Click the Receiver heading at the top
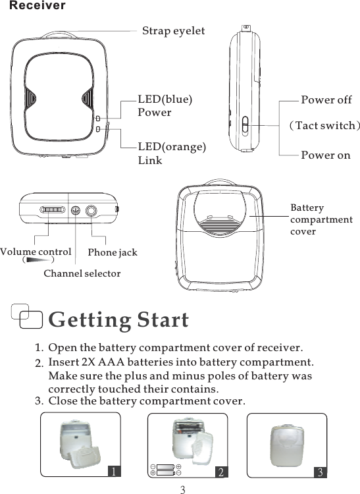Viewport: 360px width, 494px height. [38, 6]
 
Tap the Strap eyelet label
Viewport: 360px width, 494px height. [174, 31]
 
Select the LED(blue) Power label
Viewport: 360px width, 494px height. [165, 105]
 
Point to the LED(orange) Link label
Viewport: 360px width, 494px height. [171, 153]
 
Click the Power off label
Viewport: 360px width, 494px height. [326, 100]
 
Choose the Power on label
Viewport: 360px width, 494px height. [325, 155]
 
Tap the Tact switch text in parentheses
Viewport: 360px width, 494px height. [325, 125]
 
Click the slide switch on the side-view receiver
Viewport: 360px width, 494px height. [244, 124]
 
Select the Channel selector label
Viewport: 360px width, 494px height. [82, 273]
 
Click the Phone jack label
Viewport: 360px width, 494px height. [113, 252]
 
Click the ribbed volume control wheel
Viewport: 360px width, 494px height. [52, 210]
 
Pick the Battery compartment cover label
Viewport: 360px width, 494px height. [321, 219]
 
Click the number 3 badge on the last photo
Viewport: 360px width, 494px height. [319, 471]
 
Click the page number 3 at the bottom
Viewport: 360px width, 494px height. [183, 489]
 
